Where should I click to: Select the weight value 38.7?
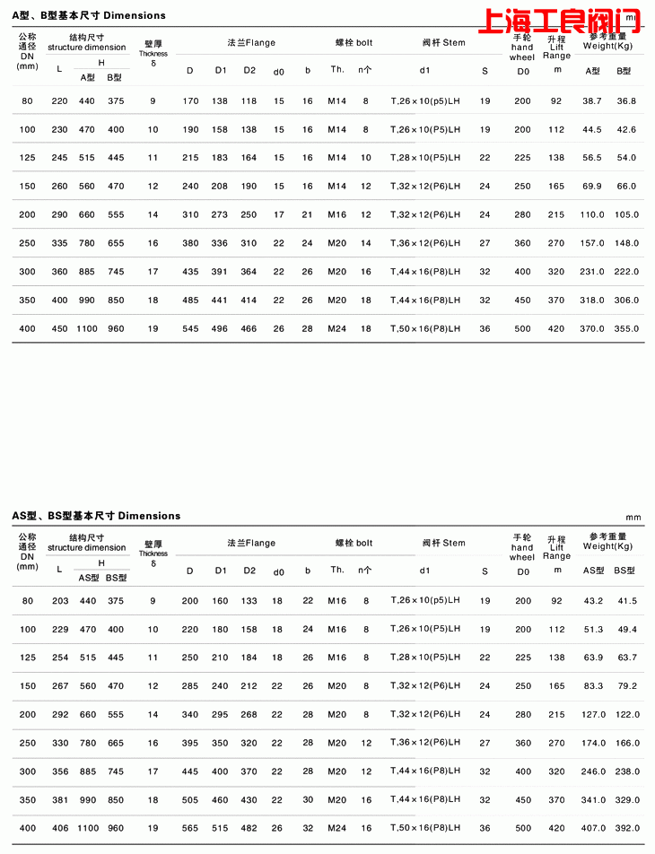click(592, 101)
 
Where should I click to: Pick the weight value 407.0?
click(593, 828)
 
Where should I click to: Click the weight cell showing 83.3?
click(592, 686)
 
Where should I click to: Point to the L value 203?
click(60, 601)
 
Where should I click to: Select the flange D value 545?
click(190, 329)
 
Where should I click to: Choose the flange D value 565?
click(190, 828)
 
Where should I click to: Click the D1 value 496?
click(220, 329)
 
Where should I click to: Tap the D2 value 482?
click(249, 828)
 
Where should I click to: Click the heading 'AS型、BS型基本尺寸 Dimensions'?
click(96, 516)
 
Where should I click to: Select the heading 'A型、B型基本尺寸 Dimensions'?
click(89, 15)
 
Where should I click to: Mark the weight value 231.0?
click(592, 272)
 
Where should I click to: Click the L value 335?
click(60, 243)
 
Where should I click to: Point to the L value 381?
click(60, 800)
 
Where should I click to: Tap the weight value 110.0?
click(592, 215)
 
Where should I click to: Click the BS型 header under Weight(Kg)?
click(624, 571)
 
